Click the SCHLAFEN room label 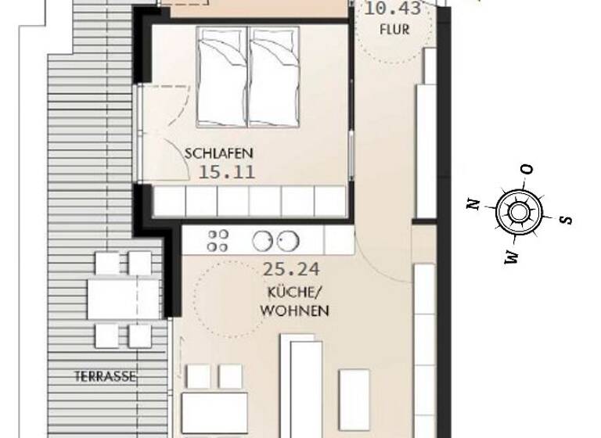(x=219, y=154)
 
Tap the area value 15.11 (x=225, y=172)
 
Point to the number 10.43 (x=393, y=10)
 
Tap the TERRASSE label (x=106, y=376)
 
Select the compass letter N (x=473, y=204)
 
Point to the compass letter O (x=527, y=169)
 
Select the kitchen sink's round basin (x=286, y=240)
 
